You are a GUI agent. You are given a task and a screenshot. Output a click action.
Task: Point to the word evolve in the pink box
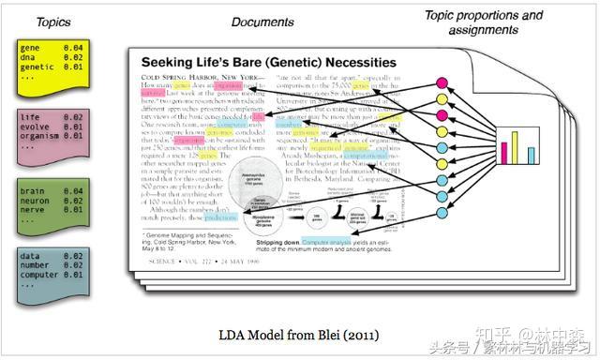click(x=36, y=127)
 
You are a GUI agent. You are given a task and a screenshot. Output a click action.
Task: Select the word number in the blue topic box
click(x=36, y=265)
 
